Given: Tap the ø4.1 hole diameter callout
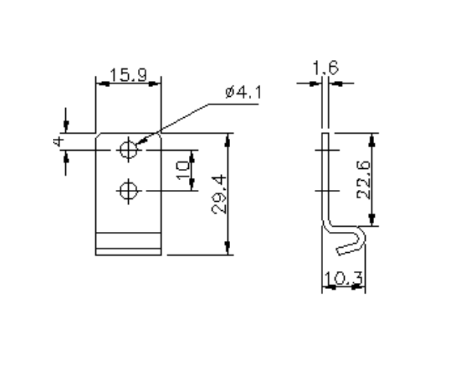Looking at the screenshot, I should pos(242,94).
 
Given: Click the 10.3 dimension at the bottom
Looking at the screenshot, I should pos(343,280).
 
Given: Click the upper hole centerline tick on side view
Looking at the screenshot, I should pos(326,150).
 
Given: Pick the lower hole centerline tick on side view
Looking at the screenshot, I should pos(326,191).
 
